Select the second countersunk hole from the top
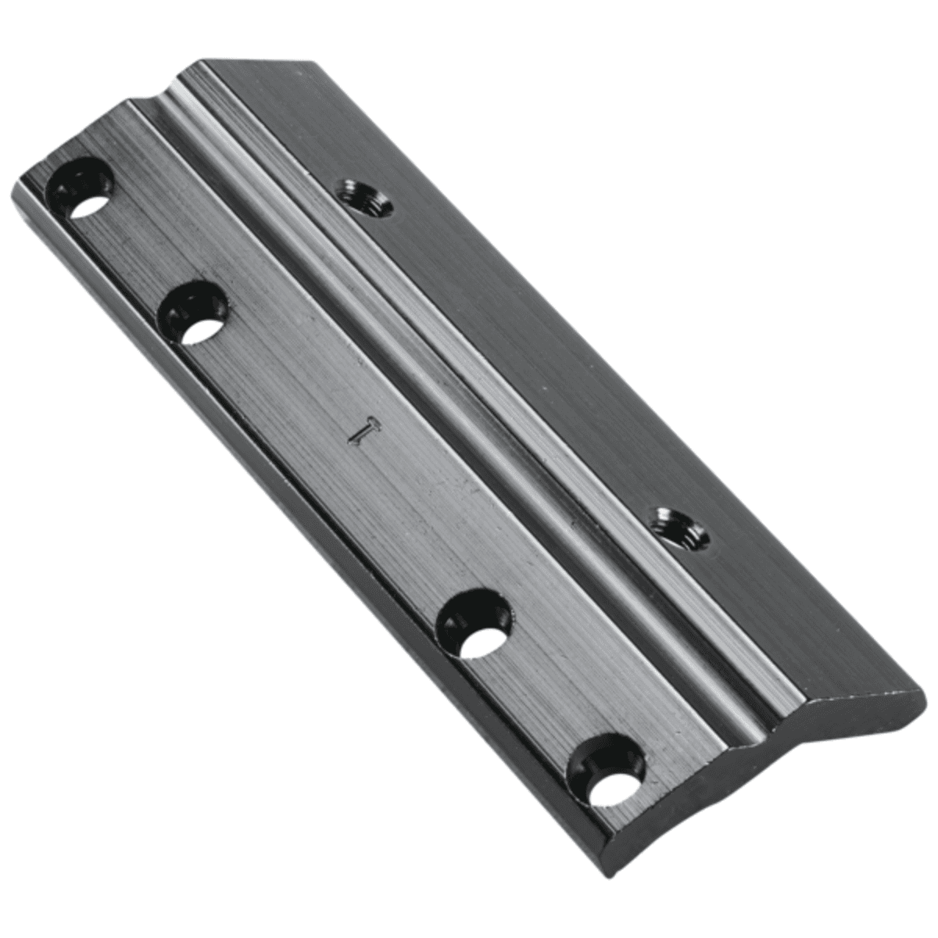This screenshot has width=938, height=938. (196, 314)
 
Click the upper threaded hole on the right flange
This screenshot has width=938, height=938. (363, 198)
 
